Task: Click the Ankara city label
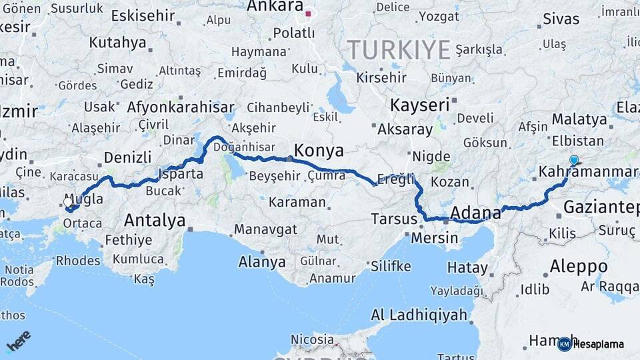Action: coord(275,7)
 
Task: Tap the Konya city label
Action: coord(319,149)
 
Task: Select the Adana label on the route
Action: coord(475,213)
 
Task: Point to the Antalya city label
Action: coord(155,219)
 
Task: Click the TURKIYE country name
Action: coord(399,49)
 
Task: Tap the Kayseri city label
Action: coord(419,105)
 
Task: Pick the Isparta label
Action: coord(181,174)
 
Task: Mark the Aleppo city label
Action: coord(578,267)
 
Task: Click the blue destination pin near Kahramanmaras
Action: coord(574,160)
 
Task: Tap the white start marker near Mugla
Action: coord(68,201)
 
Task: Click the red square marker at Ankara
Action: coord(308,13)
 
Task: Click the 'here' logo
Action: coord(19,340)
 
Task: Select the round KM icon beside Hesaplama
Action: coord(565,344)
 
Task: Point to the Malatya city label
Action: coord(579,120)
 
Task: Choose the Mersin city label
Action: coord(435,237)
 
